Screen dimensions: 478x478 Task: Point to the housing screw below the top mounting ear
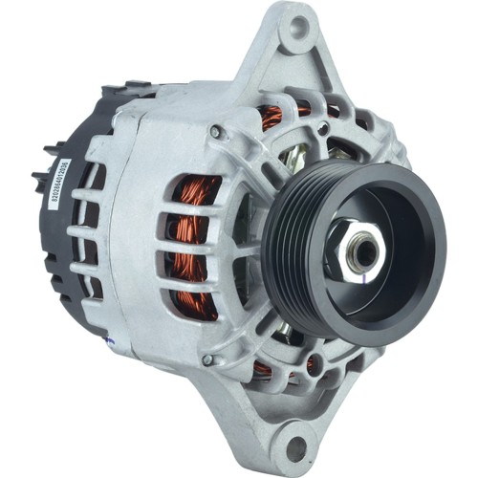pyautogui.click(x=217, y=131)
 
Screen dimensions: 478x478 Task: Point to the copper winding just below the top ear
pyautogui.click(x=273, y=119)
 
